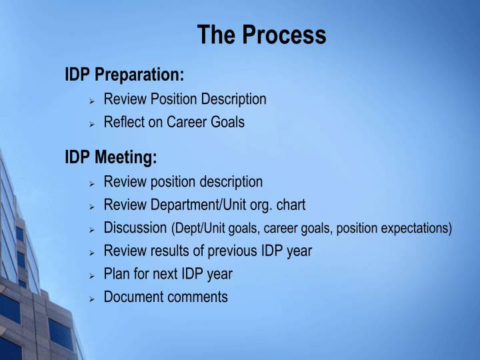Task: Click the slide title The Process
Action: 261,35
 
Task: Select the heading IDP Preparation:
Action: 125,74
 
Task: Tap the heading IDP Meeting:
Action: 111,157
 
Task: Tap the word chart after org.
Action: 291,205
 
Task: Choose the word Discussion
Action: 135,228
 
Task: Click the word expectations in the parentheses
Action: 416,229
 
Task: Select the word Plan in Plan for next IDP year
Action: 116,274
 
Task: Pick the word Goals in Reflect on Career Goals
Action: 227,123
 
